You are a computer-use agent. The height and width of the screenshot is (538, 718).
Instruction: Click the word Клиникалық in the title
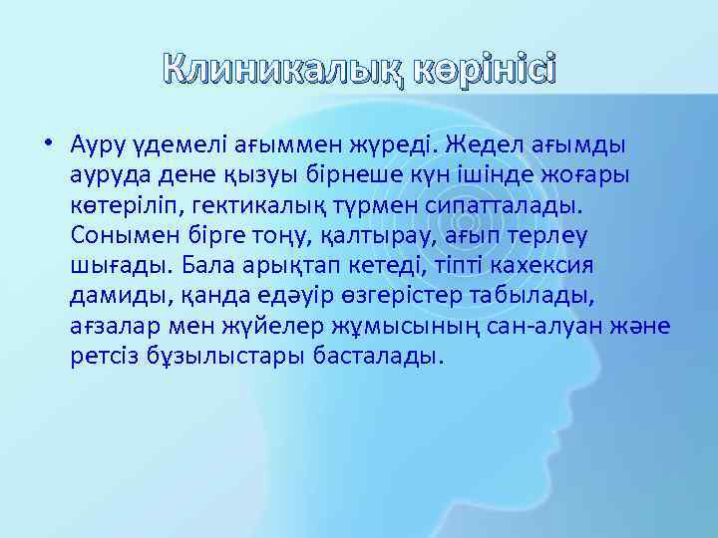(262, 71)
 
